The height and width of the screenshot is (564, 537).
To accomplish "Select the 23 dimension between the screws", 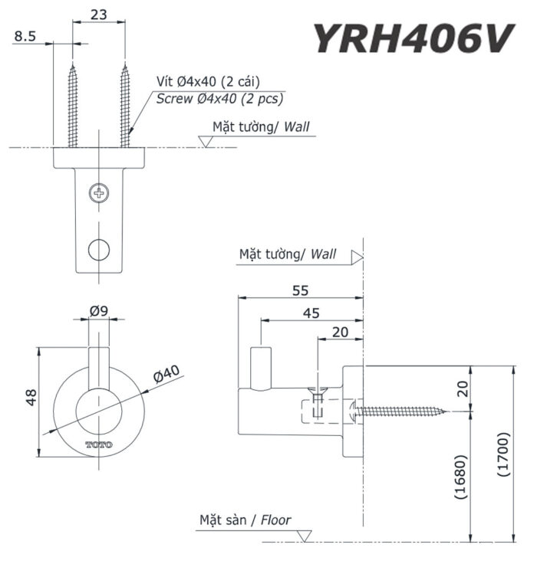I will point(98,13).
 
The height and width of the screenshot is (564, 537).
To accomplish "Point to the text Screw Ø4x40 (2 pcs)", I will point(219,99).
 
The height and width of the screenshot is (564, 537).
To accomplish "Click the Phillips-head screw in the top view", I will point(98,192).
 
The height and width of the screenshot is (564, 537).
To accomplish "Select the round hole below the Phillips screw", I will point(98,249).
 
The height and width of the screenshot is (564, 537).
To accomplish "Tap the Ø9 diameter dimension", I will point(97,311).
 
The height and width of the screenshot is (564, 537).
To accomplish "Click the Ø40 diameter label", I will point(165,373).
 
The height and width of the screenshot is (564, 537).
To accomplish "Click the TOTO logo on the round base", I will point(98,444).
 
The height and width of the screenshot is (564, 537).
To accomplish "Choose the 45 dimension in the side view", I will point(311,313).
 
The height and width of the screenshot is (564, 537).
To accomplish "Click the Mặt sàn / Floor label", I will point(245,520).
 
